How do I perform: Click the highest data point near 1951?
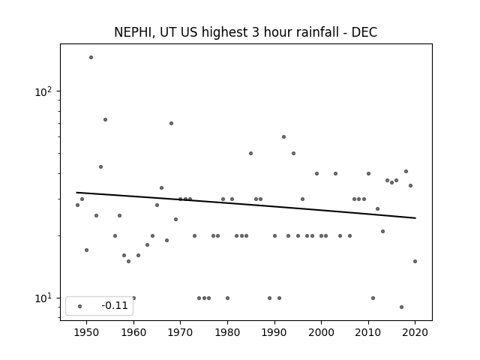point(91,57)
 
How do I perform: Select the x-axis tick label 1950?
point(87,332)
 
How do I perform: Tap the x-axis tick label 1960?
point(133,332)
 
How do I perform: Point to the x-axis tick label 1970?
point(180,332)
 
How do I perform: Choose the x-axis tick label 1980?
point(227,332)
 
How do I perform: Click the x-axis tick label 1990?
point(274,332)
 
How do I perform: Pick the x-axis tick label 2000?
point(321,332)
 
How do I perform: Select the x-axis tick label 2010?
point(368,332)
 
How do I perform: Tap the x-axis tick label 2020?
point(415,332)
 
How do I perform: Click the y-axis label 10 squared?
point(43,91)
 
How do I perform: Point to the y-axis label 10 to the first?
point(43,298)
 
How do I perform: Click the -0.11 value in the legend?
point(115,305)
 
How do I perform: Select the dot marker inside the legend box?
point(80,306)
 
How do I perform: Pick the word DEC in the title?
point(364,32)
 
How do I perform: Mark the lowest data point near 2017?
point(402,307)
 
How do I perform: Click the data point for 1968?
point(172,123)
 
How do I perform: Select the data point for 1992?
point(283,136)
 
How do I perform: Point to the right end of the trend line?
point(415,218)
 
